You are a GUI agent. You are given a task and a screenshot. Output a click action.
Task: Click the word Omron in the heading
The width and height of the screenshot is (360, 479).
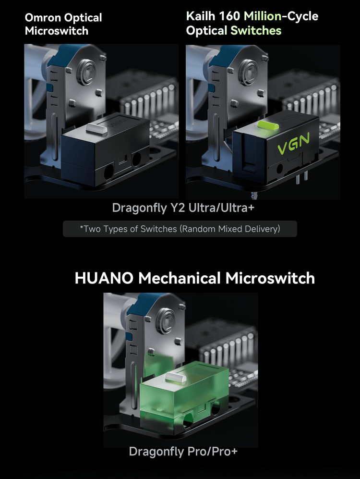[43, 17]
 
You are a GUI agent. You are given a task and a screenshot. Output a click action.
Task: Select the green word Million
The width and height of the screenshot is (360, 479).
[263, 16]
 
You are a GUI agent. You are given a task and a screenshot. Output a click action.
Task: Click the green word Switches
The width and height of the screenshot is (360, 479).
[256, 30]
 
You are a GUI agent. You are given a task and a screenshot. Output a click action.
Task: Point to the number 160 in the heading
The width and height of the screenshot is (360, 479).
[230, 16]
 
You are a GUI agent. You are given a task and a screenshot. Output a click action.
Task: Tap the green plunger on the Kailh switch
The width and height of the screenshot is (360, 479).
[268, 124]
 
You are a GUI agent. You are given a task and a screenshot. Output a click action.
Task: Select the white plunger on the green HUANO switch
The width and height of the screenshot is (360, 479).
[175, 377]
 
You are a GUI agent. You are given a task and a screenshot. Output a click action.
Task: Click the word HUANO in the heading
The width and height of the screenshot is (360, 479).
[104, 278]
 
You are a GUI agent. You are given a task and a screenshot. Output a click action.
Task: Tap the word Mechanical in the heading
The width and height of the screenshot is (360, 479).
[180, 278]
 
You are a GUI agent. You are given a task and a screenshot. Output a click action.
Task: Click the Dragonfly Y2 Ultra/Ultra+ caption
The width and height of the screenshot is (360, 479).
[183, 208]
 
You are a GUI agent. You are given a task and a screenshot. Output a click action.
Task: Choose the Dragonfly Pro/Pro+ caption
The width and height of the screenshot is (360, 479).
[183, 451]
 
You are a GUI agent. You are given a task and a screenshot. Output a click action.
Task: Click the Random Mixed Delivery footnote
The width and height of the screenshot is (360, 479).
[180, 229]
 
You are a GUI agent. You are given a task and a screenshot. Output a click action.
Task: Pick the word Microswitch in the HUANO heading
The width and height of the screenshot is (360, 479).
[270, 278]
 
